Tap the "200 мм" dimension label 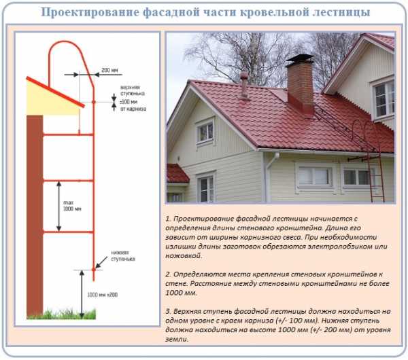(109, 70)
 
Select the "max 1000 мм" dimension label (72, 206)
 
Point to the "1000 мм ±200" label (102, 295)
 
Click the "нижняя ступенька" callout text (123, 256)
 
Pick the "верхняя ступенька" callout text (133, 90)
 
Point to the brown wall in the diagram (35, 216)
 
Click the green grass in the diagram (61, 314)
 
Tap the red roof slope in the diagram (56, 92)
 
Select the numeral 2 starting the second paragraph (168, 274)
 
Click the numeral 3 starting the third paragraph (168, 311)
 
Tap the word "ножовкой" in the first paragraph (184, 255)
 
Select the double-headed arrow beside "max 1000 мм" (58, 206)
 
